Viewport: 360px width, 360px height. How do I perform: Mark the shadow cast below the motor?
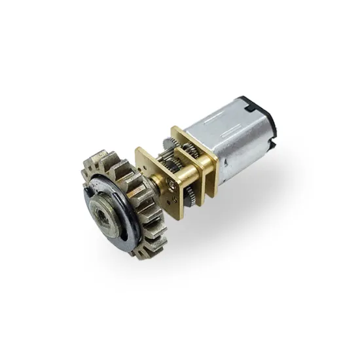[249, 196]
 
